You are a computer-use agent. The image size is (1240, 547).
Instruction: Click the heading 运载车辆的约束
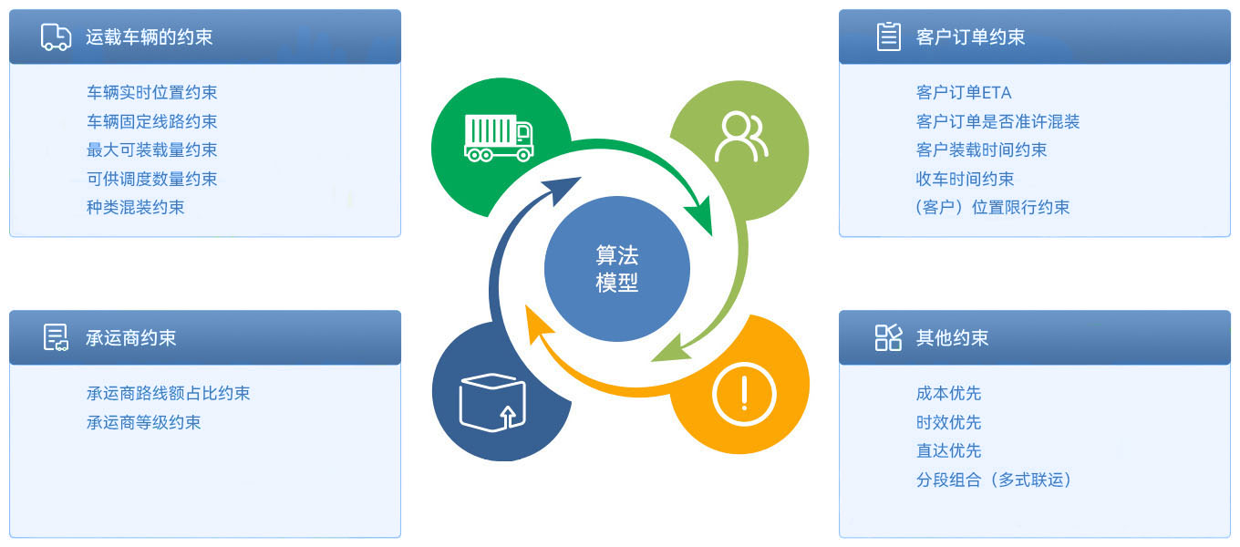point(149,37)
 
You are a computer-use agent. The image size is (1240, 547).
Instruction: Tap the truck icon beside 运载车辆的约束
point(56,37)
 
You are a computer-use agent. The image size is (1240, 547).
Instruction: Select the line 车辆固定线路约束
point(151,121)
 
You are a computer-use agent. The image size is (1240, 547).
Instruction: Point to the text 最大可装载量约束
point(151,150)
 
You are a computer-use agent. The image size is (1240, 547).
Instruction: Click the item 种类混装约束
point(135,207)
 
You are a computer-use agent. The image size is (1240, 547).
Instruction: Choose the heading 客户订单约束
point(970,37)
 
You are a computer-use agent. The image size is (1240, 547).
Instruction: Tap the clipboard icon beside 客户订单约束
point(888,36)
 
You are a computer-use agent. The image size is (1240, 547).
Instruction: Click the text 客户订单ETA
point(964,92)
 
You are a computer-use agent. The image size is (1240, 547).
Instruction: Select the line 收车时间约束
point(965,179)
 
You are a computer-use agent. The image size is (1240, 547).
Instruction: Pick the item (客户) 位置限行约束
point(993,207)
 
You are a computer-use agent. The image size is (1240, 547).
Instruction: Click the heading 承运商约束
point(130,337)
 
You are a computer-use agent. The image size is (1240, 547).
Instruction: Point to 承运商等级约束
point(143,422)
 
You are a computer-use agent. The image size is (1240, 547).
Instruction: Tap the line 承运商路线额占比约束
point(169,393)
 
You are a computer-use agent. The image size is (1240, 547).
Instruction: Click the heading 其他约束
point(952,337)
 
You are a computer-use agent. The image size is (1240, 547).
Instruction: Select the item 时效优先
point(948,422)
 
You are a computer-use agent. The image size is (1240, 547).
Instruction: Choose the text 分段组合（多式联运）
point(994,480)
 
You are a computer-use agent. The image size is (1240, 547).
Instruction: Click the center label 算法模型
point(617,269)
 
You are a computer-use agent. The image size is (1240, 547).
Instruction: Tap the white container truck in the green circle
point(499,138)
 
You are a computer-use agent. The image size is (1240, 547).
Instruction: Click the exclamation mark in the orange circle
point(745,393)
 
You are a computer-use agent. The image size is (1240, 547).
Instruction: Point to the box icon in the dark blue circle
point(492,402)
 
